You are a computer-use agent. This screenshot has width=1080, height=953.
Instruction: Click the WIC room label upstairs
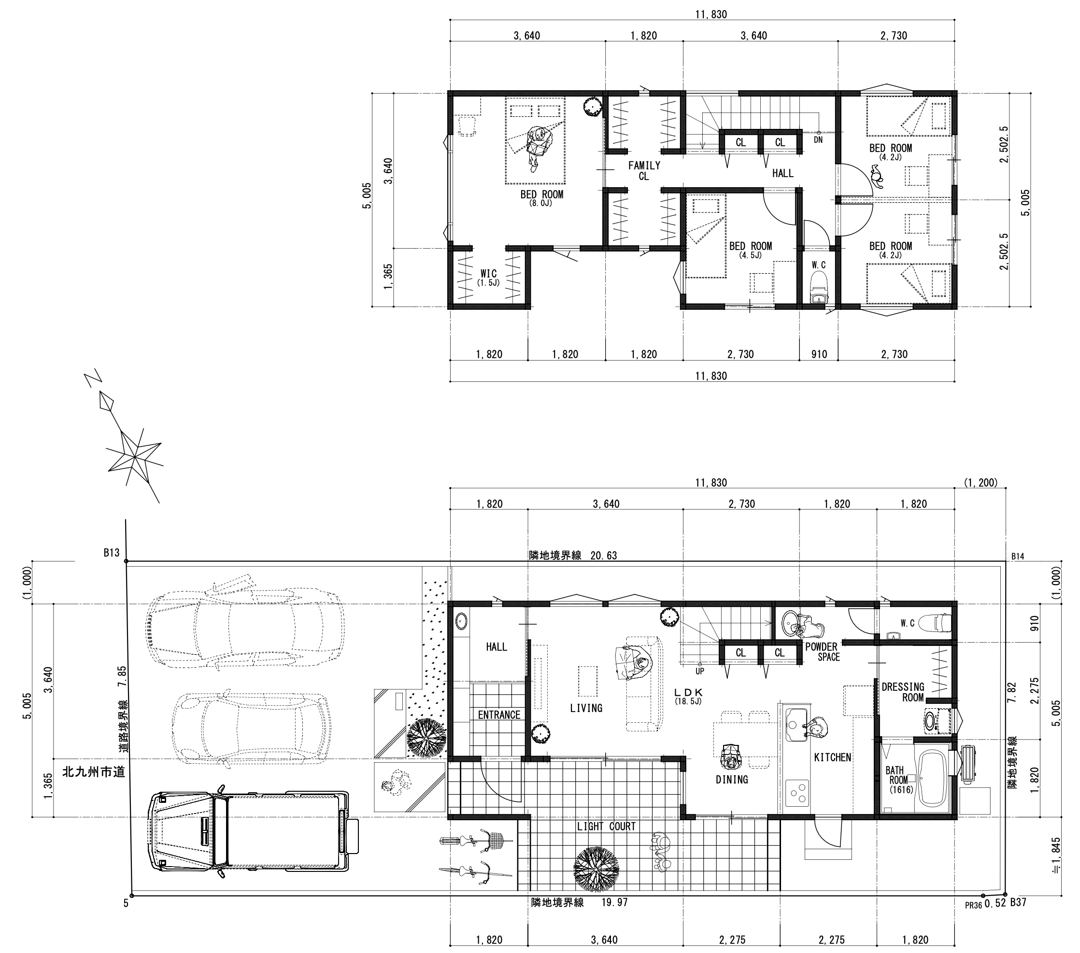click(489, 277)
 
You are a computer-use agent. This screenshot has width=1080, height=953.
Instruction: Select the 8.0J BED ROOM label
click(541, 197)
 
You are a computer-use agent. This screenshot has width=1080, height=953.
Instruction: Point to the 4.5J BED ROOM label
click(750, 249)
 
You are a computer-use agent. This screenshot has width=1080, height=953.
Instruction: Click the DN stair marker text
click(818, 140)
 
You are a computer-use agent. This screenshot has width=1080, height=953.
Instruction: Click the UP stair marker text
click(699, 672)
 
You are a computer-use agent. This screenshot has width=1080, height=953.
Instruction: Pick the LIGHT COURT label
click(606, 826)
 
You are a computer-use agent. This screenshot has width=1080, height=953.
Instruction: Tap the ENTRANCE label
click(499, 715)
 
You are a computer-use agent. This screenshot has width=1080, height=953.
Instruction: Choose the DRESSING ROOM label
click(902, 692)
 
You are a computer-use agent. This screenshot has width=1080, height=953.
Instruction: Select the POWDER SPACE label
click(822, 652)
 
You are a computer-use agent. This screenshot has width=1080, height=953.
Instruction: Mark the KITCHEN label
click(832, 757)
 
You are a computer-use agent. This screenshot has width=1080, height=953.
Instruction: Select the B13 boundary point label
click(111, 553)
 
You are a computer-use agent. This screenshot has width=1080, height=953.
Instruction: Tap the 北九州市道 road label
click(94, 772)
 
